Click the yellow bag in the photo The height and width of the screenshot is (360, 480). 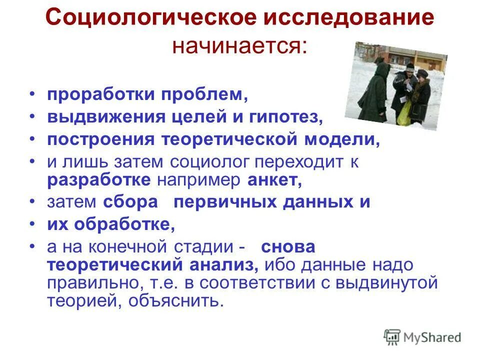click(x=403, y=113)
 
